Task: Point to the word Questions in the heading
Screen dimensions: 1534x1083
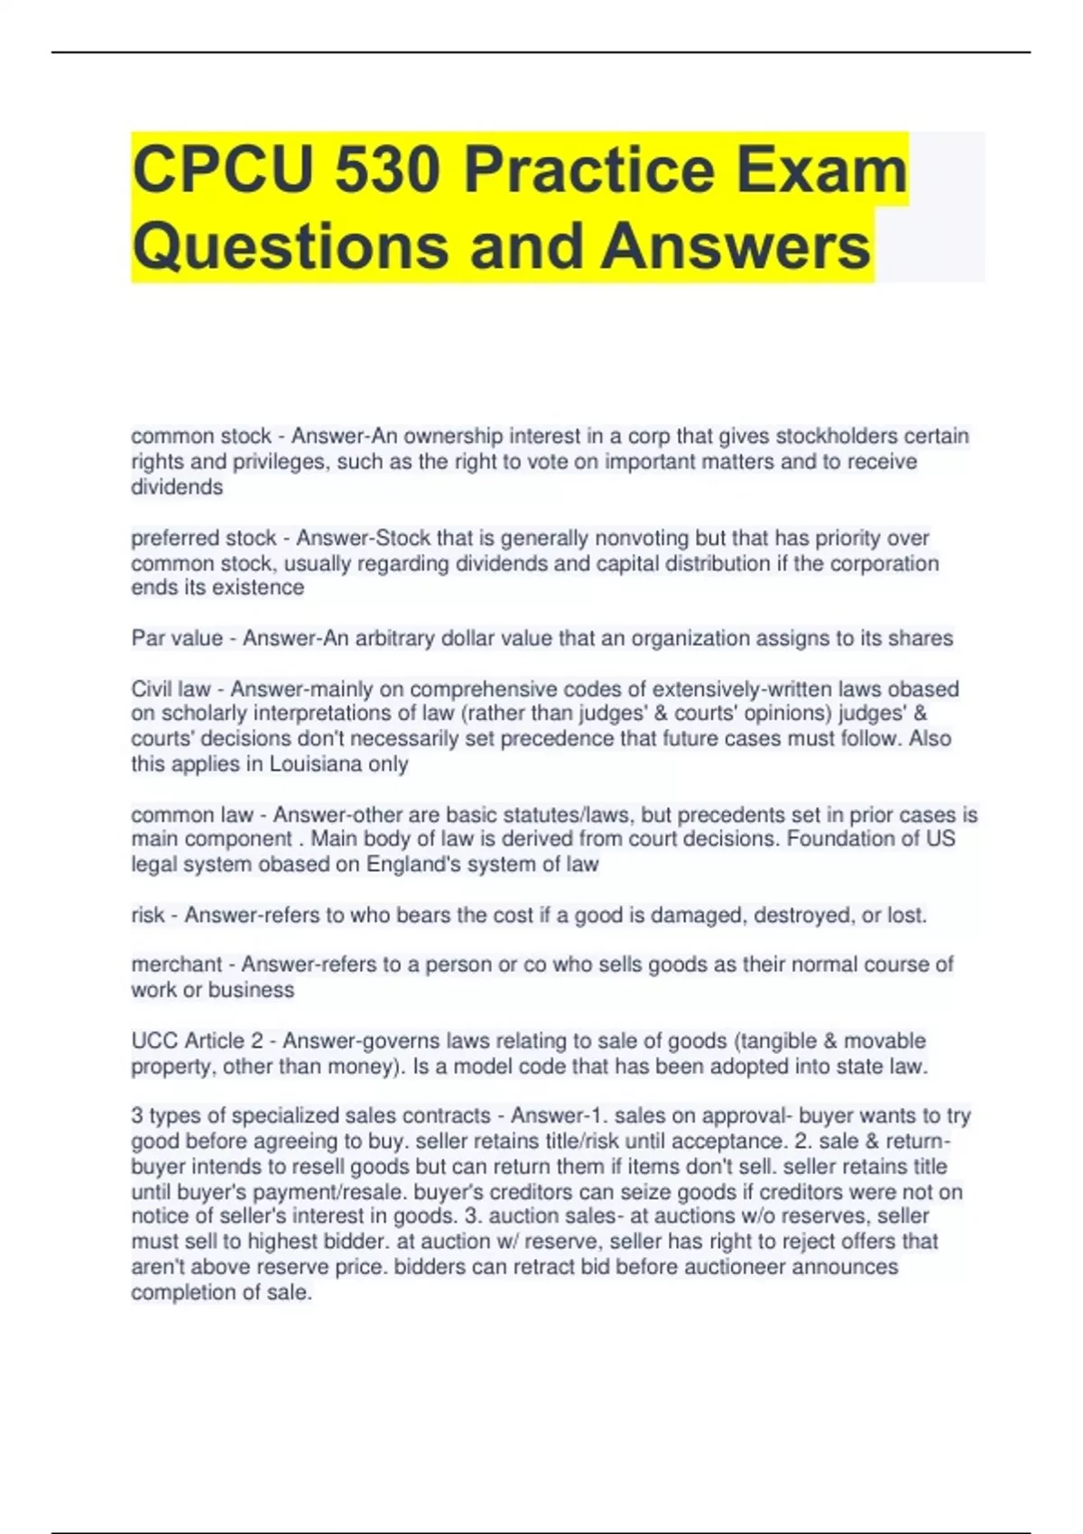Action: pyautogui.click(x=289, y=246)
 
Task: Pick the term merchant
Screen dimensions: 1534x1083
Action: pyautogui.click(x=176, y=965)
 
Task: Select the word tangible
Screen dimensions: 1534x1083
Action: pyautogui.click(x=781, y=1041)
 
